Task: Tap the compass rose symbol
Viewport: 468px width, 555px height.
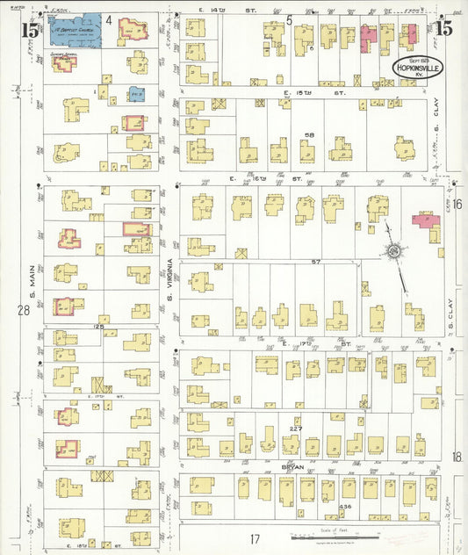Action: click(x=394, y=252)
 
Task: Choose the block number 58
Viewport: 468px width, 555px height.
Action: click(x=308, y=135)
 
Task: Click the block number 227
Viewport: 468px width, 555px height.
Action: click(x=297, y=428)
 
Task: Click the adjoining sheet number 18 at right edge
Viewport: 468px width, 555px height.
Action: click(x=457, y=457)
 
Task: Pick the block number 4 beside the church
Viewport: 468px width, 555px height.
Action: click(x=109, y=18)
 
